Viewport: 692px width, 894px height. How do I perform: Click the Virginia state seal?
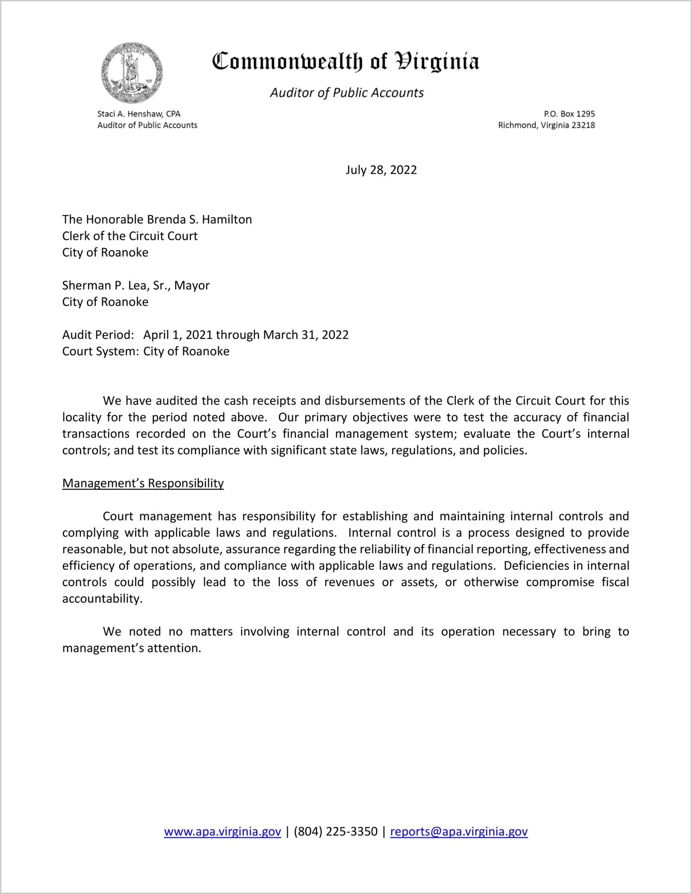click(x=132, y=73)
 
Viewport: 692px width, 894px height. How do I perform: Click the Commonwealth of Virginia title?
click(x=346, y=62)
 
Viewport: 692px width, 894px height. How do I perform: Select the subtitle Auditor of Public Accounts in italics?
click(x=346, y=93)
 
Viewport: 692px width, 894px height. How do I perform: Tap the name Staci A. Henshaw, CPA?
click(x=138, y=114)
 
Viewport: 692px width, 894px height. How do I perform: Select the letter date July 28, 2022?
click(x=381, y=170)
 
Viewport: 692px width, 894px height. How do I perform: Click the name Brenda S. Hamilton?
click(x=199, y=219)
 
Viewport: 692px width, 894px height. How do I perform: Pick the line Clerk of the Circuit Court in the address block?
click(x=130, y=236)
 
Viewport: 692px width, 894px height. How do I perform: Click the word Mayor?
click(x=192, y=286)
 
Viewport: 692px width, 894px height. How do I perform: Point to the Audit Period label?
click(x=98, y=335)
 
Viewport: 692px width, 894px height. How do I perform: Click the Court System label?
click(x=100, y=351)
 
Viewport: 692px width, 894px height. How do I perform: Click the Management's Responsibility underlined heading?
click(x=143, y=483)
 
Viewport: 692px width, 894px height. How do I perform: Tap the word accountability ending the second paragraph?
click(x=101, y=599)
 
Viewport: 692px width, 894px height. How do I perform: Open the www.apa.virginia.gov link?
click(x=222, y=831)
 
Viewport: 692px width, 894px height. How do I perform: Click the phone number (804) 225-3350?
click(x=335, y=831)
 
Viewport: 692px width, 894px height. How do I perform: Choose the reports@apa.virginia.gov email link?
click(x=459, y=831)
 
